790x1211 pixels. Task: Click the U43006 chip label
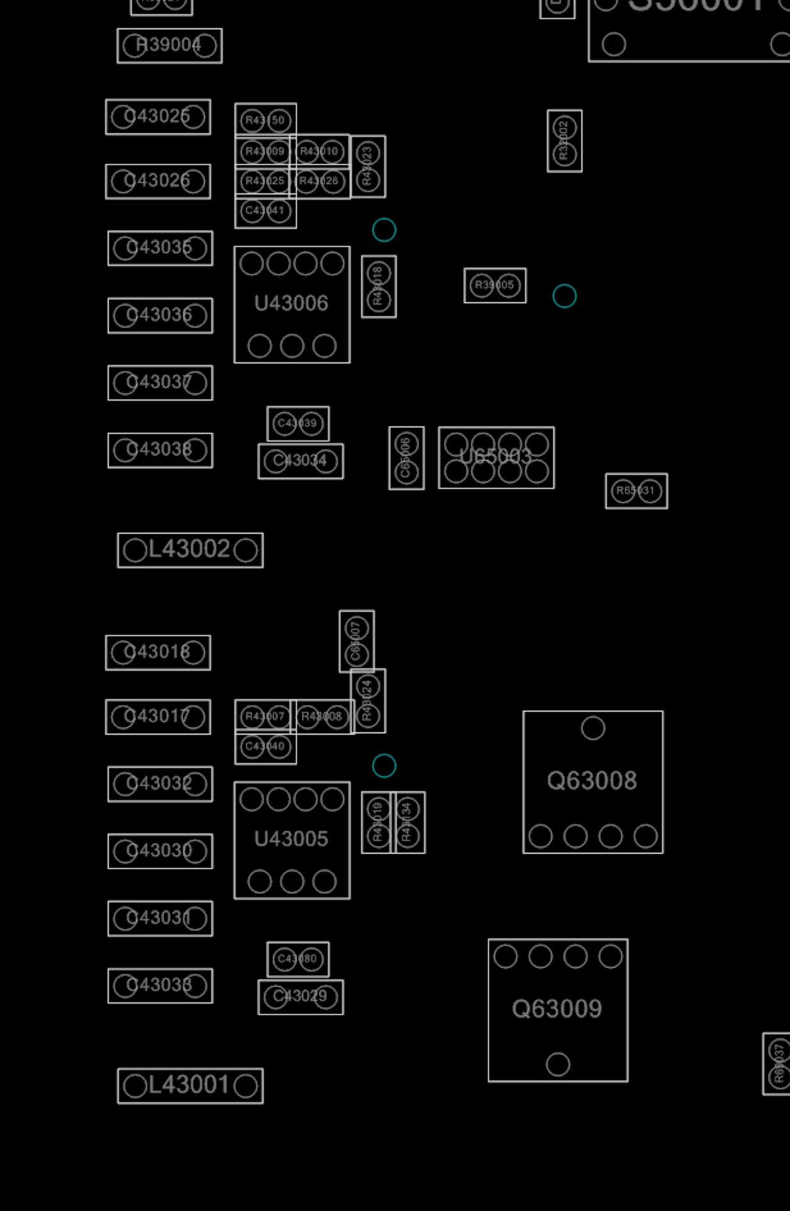pos(291,303)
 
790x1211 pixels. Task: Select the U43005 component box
pos(292,840)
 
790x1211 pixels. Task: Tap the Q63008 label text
pos(592,781)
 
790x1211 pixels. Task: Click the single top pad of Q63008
pos(593,728)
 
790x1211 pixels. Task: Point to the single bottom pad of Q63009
pos(558,1064)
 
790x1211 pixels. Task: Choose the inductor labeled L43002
pos(190,550)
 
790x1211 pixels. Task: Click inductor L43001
pos(190,1086)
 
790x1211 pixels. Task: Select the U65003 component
pos(496,457)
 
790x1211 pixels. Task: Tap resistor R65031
pos(636,491)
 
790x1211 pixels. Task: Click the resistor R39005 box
pos(495,285)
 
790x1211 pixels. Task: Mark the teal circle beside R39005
pos(564,296)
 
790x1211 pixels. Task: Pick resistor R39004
pos(170,45)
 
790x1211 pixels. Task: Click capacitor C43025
pos(158,116)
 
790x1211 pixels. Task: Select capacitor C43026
pos(158,181)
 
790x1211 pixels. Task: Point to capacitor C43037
pos(160,383)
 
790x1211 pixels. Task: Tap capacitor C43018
pos(158,652)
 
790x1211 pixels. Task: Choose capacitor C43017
pos(158,716)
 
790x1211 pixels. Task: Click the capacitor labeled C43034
pos(300,461)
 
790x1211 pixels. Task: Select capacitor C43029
pos(300,997)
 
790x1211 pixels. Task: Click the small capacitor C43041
pos(265,211)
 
